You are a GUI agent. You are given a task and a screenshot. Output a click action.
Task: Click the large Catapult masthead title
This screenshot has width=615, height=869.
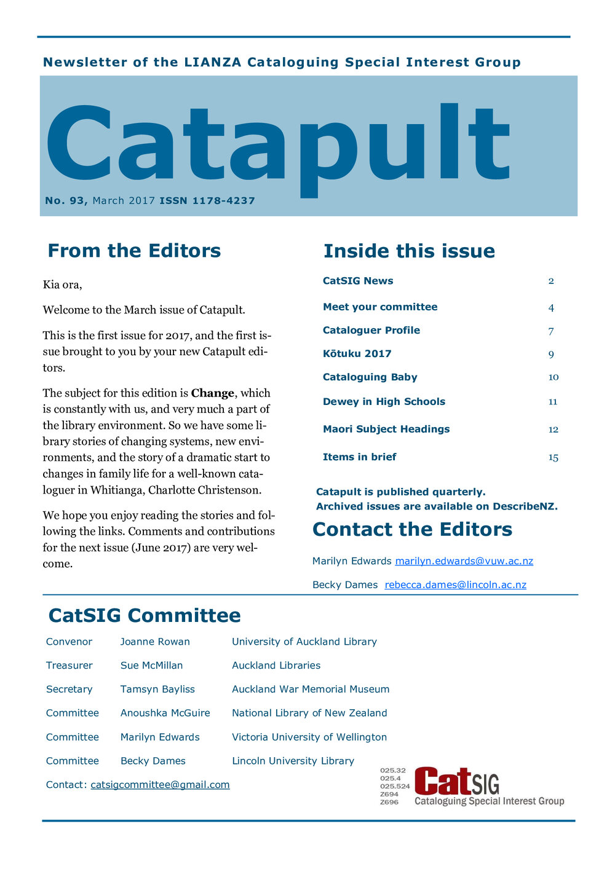(x=277, y=147)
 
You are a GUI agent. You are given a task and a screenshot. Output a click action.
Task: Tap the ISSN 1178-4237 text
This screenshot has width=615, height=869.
(x=207, y=200)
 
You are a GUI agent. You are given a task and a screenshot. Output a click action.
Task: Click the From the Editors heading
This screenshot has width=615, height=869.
(x=134, y=251)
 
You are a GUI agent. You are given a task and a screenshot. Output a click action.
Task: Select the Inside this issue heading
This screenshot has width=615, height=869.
(x=409, y=251)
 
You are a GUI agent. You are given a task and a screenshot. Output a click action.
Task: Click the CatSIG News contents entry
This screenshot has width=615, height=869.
(x=358, y=281)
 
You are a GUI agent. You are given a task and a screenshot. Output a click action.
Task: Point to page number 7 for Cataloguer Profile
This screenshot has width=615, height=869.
(x=551, y=331)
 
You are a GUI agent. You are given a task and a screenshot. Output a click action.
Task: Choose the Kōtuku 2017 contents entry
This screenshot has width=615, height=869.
(x=357, y=353)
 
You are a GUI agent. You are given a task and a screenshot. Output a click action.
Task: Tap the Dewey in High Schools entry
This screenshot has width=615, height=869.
(x=384, y=401)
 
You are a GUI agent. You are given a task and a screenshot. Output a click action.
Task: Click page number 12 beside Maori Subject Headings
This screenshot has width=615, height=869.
(x=553, y=430)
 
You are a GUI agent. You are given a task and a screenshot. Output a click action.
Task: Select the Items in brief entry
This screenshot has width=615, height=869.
(x=359, y=457)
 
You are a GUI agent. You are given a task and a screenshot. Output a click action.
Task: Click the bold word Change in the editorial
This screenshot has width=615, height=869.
(x=213, y=393)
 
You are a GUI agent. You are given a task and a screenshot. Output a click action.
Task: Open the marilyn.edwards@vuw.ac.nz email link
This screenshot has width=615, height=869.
(x=464, y=561)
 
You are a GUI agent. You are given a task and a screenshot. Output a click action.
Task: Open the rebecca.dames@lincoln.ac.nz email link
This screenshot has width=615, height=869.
(x=455, y=584)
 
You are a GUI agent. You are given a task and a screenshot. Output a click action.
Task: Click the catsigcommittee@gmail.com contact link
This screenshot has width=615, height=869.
(x=160, y=785)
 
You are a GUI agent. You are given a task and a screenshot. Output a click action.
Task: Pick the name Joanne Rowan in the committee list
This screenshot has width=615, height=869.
(x=155, y=642)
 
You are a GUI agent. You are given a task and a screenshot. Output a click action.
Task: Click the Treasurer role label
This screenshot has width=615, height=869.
(x=69, y=666)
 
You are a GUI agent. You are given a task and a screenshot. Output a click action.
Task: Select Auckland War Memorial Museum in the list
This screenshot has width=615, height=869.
(x=311, y=689)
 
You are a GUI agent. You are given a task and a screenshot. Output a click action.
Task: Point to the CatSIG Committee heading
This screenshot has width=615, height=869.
(x=145, y=615)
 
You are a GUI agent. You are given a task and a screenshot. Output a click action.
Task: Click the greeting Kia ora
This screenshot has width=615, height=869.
(x=62, y=285)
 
